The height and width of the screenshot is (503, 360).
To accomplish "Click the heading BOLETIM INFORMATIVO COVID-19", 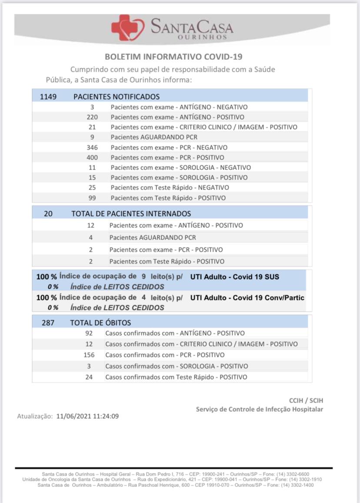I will (174, 57).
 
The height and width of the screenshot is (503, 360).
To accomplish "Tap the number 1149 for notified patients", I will (48, 97).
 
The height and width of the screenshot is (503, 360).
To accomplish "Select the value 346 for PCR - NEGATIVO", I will (92, 147).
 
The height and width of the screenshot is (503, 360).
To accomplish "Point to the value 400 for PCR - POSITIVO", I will (92, 157).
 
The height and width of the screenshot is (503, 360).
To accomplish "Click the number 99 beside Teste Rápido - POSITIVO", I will (92, 198).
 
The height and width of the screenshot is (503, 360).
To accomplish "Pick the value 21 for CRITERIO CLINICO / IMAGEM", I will (92, 127).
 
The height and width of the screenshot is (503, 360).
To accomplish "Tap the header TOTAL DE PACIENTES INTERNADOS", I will (131, 213).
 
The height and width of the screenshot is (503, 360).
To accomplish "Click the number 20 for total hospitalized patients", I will (48, 213).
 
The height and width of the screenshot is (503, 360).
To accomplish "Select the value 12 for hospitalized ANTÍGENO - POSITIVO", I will (90, 225).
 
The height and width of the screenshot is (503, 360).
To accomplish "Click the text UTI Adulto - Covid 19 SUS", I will (235, 276).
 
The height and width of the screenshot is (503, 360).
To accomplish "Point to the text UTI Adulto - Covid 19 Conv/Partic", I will (247, 298).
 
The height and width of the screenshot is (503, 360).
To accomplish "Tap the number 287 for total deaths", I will (48, 323).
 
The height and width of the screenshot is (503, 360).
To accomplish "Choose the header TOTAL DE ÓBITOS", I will (100, 323).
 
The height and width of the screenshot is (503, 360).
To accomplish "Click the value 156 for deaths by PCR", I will (89, 355).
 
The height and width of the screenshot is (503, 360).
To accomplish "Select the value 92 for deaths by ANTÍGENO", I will (89, 333).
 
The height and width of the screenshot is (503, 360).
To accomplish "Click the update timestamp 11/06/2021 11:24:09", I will (87, 416).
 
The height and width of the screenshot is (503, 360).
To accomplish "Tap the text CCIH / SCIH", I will (306, 400).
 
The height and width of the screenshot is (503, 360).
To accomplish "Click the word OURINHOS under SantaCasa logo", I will (203, 37).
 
